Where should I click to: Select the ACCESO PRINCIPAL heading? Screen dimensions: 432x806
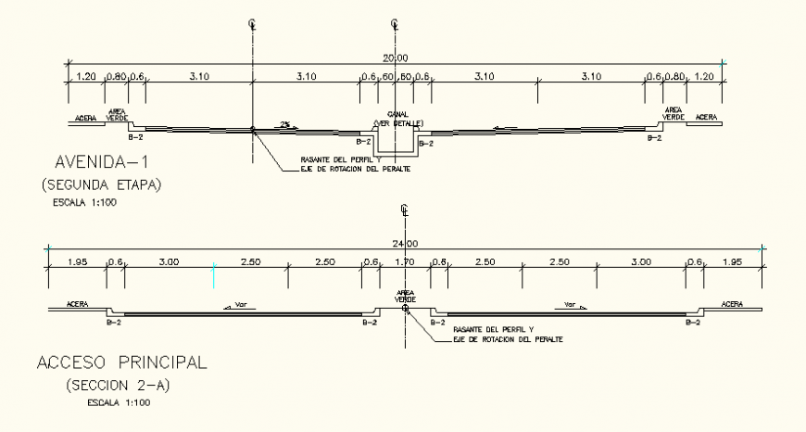[x=122, y=362]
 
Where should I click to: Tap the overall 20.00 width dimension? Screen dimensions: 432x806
[x=396, y=57]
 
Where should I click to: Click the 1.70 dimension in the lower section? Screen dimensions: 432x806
[x=405, y=263]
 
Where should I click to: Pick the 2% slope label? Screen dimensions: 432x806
[x=287, y=123]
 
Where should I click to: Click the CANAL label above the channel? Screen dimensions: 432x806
[x=397, y=115]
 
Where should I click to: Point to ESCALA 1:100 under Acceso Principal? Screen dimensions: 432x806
[x=118, y=402]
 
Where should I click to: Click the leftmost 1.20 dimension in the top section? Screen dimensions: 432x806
[x=86, y=77]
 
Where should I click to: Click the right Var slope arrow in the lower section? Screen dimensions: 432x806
[x=573, y=303]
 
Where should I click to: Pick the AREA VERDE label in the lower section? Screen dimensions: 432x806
[x=405, y=296]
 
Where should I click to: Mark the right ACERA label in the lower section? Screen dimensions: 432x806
[x=732, y=303]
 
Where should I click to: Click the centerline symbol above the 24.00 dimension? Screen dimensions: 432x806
[x=404, y=210]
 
